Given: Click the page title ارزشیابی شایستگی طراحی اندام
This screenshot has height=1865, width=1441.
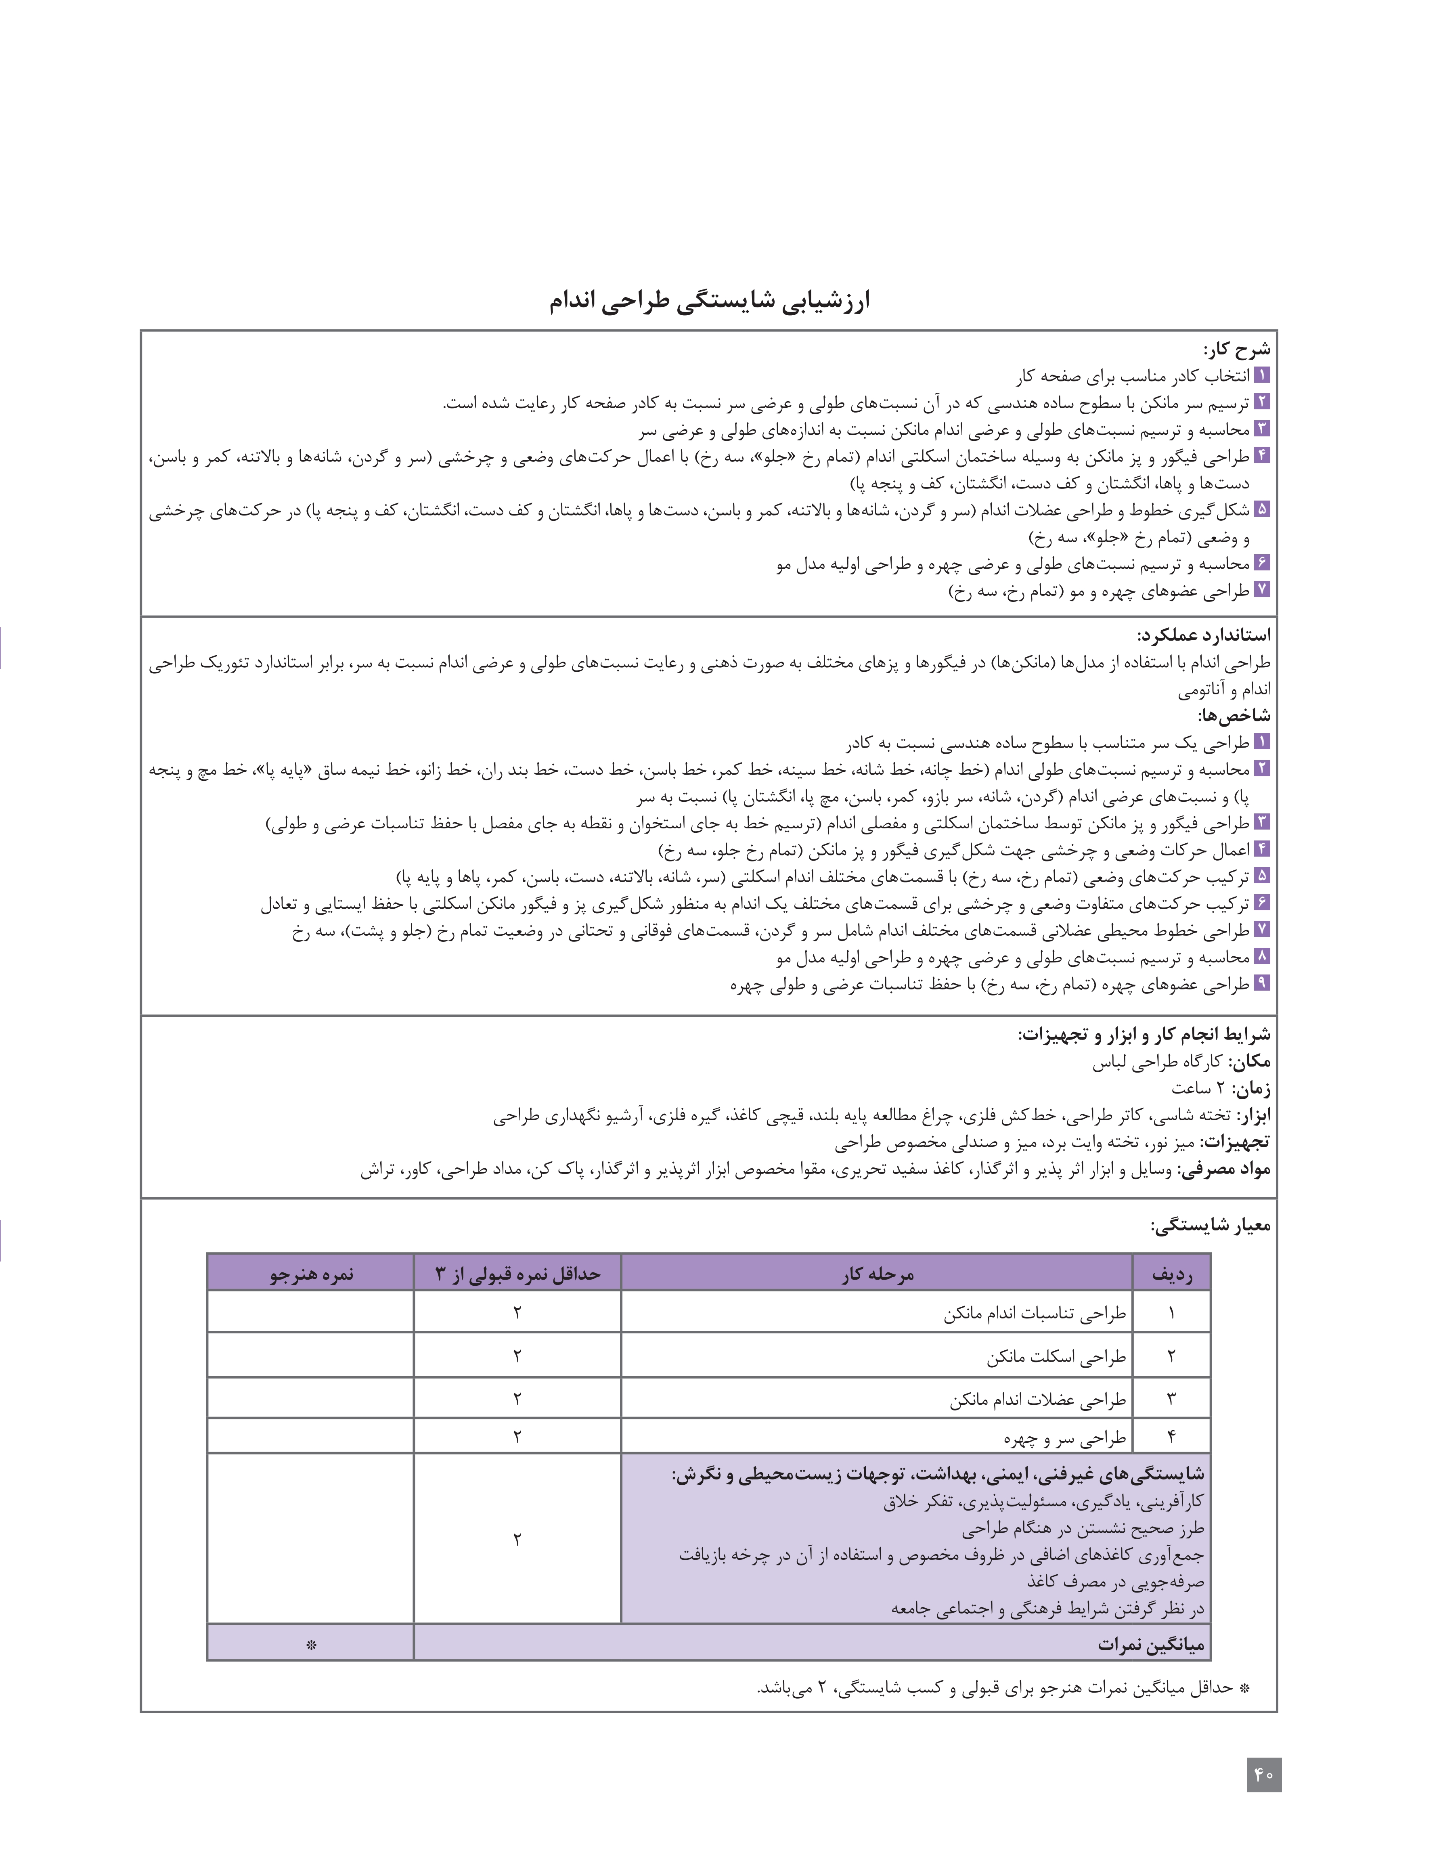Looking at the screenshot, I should click(x=710, y=302).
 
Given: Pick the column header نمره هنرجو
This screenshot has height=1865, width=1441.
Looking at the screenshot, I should click(x=311, y=1275).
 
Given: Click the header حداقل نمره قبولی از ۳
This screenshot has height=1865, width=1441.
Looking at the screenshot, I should click(x=517, y=1275).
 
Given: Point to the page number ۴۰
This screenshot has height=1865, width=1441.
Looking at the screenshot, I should click(x=1263, y=1775).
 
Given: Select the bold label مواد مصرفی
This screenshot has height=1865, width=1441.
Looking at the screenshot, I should click(x=1225, y=1169).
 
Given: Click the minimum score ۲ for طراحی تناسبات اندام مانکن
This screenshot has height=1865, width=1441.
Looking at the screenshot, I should click(x=517, y=1312).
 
